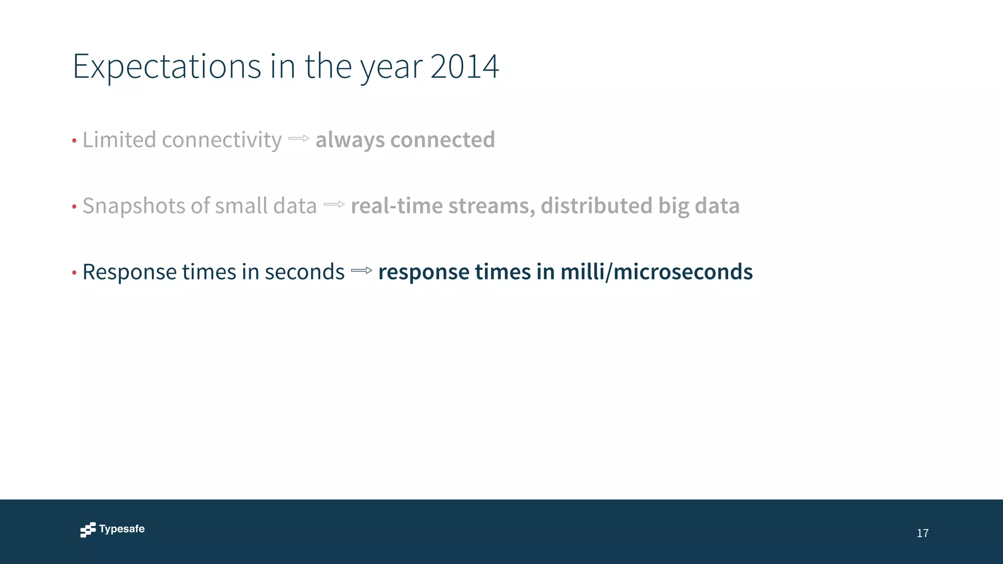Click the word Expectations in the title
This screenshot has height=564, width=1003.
pyautogui.click(x=167, y=67)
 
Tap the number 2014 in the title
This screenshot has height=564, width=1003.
pyautogui.click(x=464, y=67)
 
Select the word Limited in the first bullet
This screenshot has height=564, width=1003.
pyautogui.click(x=119, y=140)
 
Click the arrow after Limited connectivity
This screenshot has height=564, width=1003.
pyautogui.click(x=299, y=139)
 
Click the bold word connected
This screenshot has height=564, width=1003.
pyautogui.click(x=443, y=140)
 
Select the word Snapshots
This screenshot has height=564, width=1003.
pyautogui.click(x=134, y=206)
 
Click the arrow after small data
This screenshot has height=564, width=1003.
pyautogui.click(x=334, y=205)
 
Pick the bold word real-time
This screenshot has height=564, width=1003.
pyautogui.click(x=397, y=206)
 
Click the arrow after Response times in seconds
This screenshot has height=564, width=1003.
pyautogui.click(x=361, y=271)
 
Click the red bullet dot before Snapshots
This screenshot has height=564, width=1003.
pyautogui.click(x=74, y=207)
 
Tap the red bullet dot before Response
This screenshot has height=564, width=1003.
pyautogui.click(x=74, y=273)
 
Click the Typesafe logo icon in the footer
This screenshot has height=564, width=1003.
pyautogui.click(x=88, y=530)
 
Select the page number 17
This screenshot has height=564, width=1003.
pyautogui.click(x=923, y=533)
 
